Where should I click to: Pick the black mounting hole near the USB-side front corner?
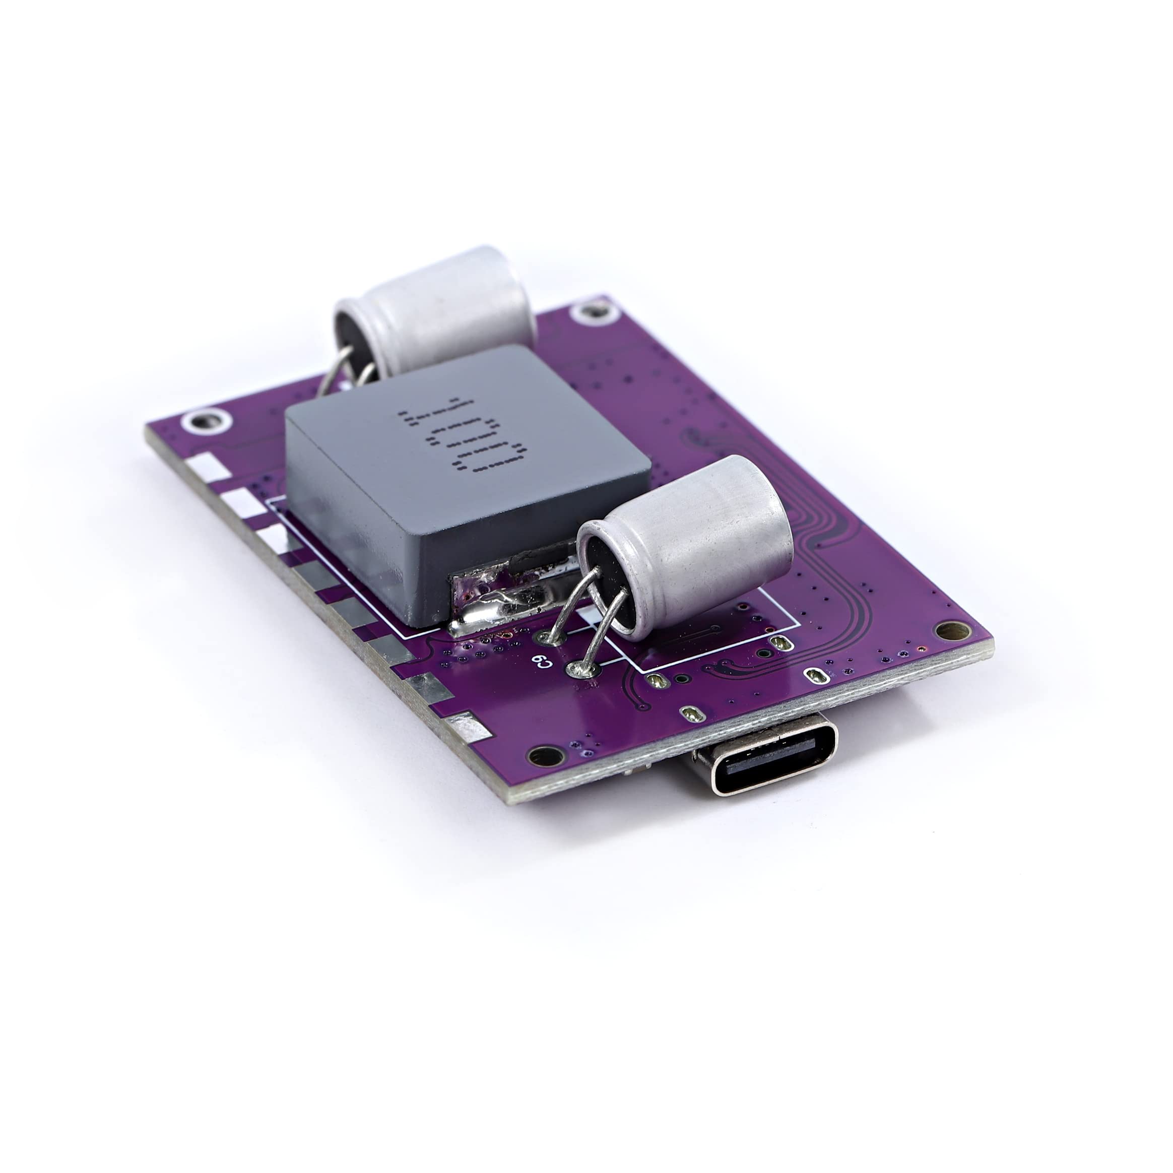(545, 756)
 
